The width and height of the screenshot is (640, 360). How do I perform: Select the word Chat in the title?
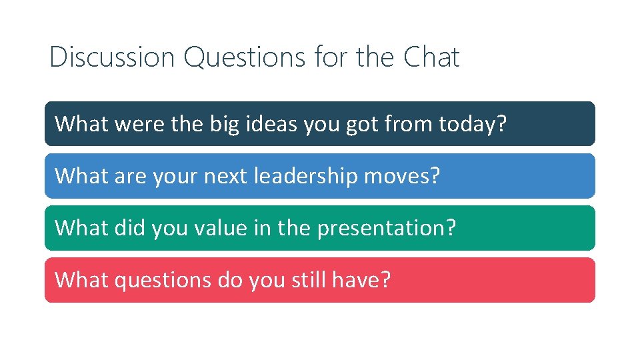coord(431,57)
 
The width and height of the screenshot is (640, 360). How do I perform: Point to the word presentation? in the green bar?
coord(387,228)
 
